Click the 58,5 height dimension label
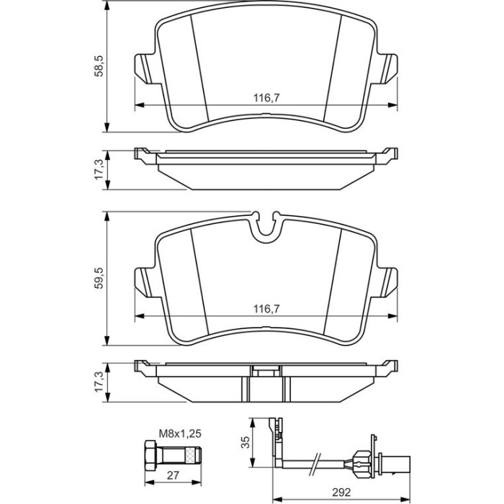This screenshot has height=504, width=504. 99,66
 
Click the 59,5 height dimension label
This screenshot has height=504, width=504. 99,278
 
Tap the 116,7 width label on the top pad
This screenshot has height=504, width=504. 267,97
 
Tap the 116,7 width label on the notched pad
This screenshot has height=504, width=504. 267,309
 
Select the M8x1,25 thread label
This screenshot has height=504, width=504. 180,433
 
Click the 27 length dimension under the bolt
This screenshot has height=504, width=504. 173,475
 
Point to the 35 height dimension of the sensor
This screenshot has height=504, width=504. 246,442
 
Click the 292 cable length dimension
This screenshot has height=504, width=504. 341,492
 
